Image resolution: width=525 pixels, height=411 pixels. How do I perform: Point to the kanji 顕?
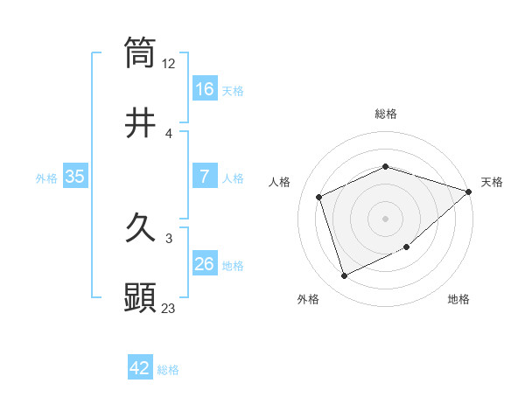pyautogui.click(x=141, y=298)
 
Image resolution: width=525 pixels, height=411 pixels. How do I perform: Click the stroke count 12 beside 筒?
pyautogui.click(x=169, y=64)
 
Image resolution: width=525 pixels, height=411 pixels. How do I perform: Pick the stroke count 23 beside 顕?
pyautogui.click(x=169, y=309)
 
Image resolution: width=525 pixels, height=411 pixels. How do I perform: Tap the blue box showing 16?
pyautogui.click(x=205, y=88)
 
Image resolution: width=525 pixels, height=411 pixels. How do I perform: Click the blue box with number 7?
pyautogui.click(x=205, y=177)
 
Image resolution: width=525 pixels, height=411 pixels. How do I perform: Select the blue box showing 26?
pyautogui.click(x=205, y=264)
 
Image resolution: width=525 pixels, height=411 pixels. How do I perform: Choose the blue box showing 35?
pyautogui.click(x=75, y=177)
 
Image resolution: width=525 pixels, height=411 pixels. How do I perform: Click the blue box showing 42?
pyautogui.click(x=140, y=368)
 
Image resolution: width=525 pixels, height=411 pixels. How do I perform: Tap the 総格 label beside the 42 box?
pyautogui.click(x=168, y=370)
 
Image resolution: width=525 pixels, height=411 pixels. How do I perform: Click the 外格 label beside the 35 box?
pyautogui.click(x=46, y=178)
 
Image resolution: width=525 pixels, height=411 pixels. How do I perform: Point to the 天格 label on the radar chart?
pyautogui.click(x=492, y=182)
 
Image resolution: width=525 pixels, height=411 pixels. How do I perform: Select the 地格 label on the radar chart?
pyautogui.click(x=458, y=299)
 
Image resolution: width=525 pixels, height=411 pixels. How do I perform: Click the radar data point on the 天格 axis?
pyautogui.click(x=468, y=192)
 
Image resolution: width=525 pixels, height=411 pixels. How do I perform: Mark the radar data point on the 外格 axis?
pyautogui.click(x=344, y=276)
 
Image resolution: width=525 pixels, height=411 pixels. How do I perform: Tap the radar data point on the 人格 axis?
pyautogui.click(x=320, y=197)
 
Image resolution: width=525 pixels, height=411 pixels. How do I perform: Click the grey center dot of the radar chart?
pyautogui.click(x=385, y=218)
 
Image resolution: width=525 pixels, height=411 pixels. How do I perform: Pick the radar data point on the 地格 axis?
pyautogui.click(x=408, y=248)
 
